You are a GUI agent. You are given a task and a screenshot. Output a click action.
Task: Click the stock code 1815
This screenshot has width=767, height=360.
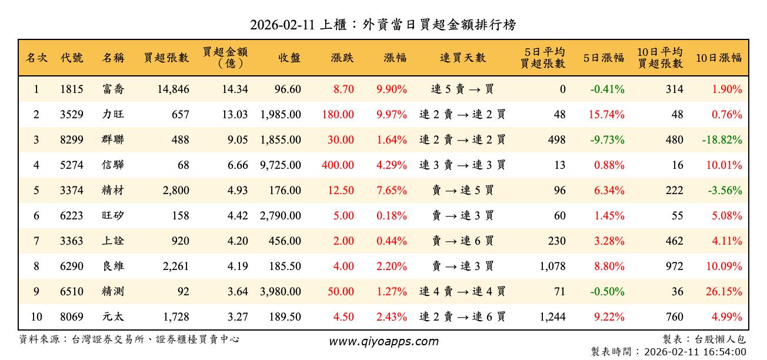pos(71,89)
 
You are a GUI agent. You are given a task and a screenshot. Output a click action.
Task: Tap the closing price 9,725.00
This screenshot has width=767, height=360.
pos(280,165)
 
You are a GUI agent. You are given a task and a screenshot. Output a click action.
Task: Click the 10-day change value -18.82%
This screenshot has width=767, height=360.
pos(722,140)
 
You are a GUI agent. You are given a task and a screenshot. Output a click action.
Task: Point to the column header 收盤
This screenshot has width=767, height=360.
pos(289,58)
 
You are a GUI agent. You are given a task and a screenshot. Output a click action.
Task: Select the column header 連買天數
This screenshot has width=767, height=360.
pos(462,58)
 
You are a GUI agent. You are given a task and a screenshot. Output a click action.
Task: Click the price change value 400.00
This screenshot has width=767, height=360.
pos(338,165)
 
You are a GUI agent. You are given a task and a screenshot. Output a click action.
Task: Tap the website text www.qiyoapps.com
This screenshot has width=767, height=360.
pos(383,341)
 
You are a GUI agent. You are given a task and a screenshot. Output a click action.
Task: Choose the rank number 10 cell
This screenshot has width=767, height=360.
pos(36,317)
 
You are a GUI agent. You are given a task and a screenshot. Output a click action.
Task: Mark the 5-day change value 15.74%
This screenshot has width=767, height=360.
pos(606,115)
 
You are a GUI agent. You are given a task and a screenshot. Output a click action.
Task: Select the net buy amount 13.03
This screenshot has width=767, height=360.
pos(235,115)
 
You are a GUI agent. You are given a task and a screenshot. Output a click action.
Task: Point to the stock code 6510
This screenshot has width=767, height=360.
pos(71,292)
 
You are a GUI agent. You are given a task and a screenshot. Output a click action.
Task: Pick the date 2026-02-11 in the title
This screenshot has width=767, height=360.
pos(283,25)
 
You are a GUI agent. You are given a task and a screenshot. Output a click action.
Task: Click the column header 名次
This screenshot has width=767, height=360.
pos(36,58)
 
